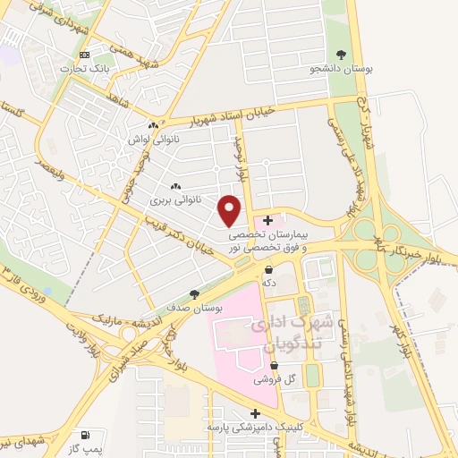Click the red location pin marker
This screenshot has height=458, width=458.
coord(230,209)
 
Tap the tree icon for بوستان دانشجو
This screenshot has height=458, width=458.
coord(340,54)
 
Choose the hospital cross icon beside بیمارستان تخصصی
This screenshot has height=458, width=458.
coord(268,220)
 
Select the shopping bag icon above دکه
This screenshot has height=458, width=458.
coord(268,268)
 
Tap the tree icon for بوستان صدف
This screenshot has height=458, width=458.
coord(195,293)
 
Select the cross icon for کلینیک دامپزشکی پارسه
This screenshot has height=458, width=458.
coord(256,413)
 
